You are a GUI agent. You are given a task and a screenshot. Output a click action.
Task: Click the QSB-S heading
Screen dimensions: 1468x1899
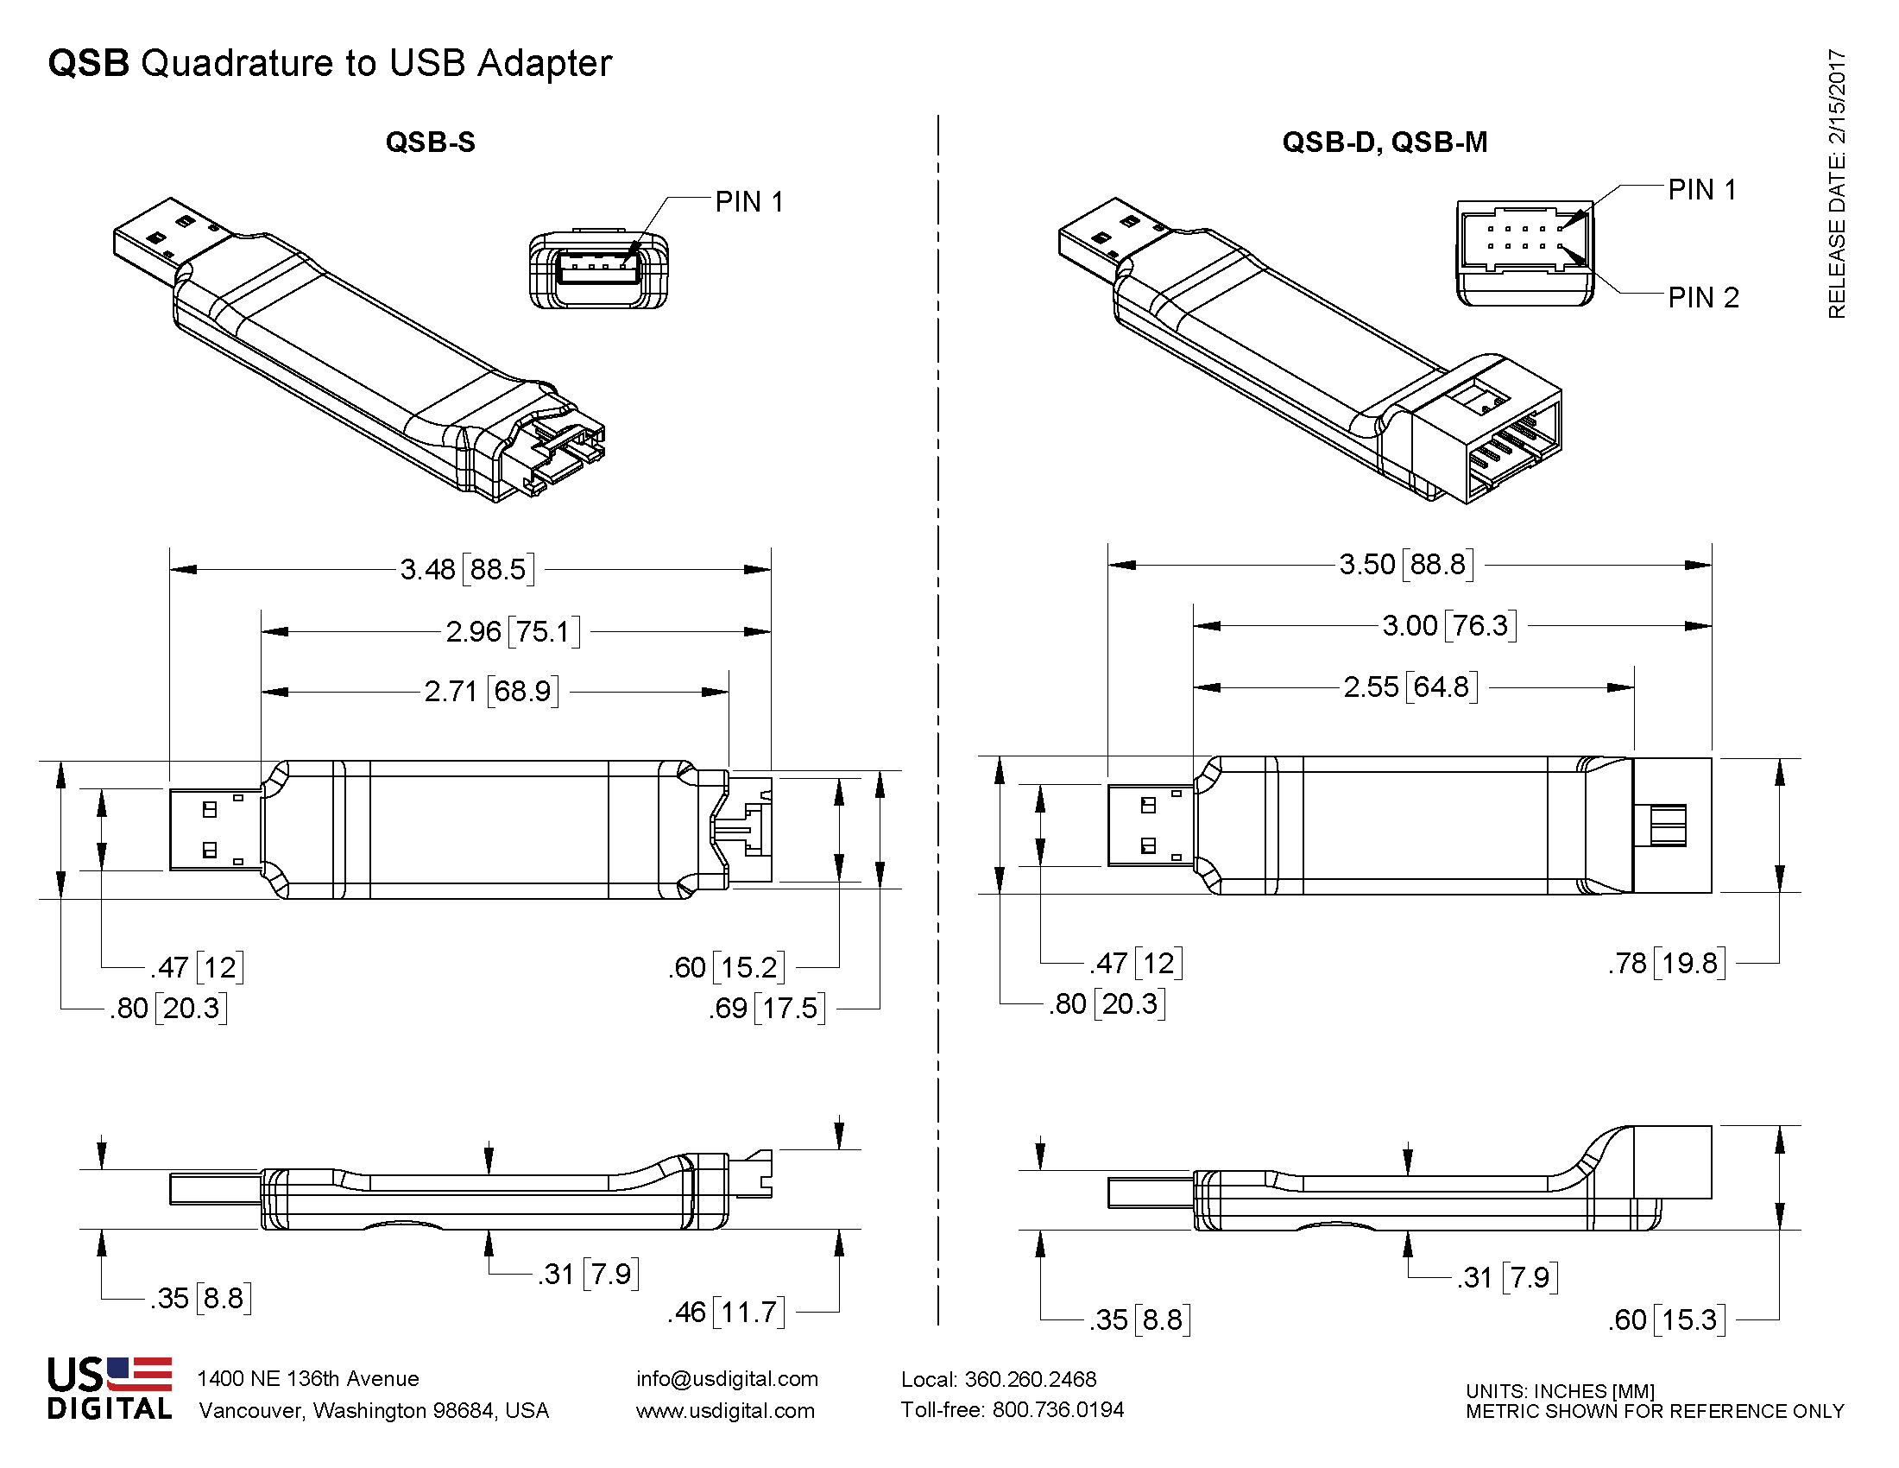431,142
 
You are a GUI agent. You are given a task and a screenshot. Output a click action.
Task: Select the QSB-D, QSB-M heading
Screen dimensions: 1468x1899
1385,142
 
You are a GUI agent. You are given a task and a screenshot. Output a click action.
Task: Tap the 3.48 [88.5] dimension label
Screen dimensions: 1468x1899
467,570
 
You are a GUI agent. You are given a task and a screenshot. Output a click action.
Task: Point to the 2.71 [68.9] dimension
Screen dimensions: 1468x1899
491,692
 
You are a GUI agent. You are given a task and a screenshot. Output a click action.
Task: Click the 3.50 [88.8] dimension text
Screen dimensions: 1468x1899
1407,565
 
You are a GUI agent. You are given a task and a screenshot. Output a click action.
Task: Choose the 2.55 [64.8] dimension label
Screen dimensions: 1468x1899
1410,687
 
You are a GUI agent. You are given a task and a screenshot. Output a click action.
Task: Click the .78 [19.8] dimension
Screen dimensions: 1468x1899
1666,964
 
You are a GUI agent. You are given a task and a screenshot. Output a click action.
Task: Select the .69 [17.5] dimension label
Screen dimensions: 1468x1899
766,1008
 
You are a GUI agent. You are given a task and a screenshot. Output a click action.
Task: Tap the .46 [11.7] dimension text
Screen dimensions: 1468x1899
726,1312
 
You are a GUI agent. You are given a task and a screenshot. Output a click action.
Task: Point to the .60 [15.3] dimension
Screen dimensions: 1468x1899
1666,1320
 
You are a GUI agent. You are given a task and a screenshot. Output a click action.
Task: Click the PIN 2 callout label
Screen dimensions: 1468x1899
1703,297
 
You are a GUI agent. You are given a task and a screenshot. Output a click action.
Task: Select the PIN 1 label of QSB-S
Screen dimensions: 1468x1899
749,202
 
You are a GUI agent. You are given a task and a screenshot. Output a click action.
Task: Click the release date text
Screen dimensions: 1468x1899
1836,183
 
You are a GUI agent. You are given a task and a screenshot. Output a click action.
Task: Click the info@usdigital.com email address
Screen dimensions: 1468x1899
727,1379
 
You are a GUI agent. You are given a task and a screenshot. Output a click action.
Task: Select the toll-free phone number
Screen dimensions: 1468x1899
1013,1410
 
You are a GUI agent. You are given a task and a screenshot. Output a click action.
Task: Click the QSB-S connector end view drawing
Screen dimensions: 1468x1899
598,269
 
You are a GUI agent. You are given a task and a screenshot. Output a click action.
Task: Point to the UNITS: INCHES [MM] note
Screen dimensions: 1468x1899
1560,1390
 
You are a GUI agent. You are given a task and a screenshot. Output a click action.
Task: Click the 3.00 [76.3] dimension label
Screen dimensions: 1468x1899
1448,625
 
